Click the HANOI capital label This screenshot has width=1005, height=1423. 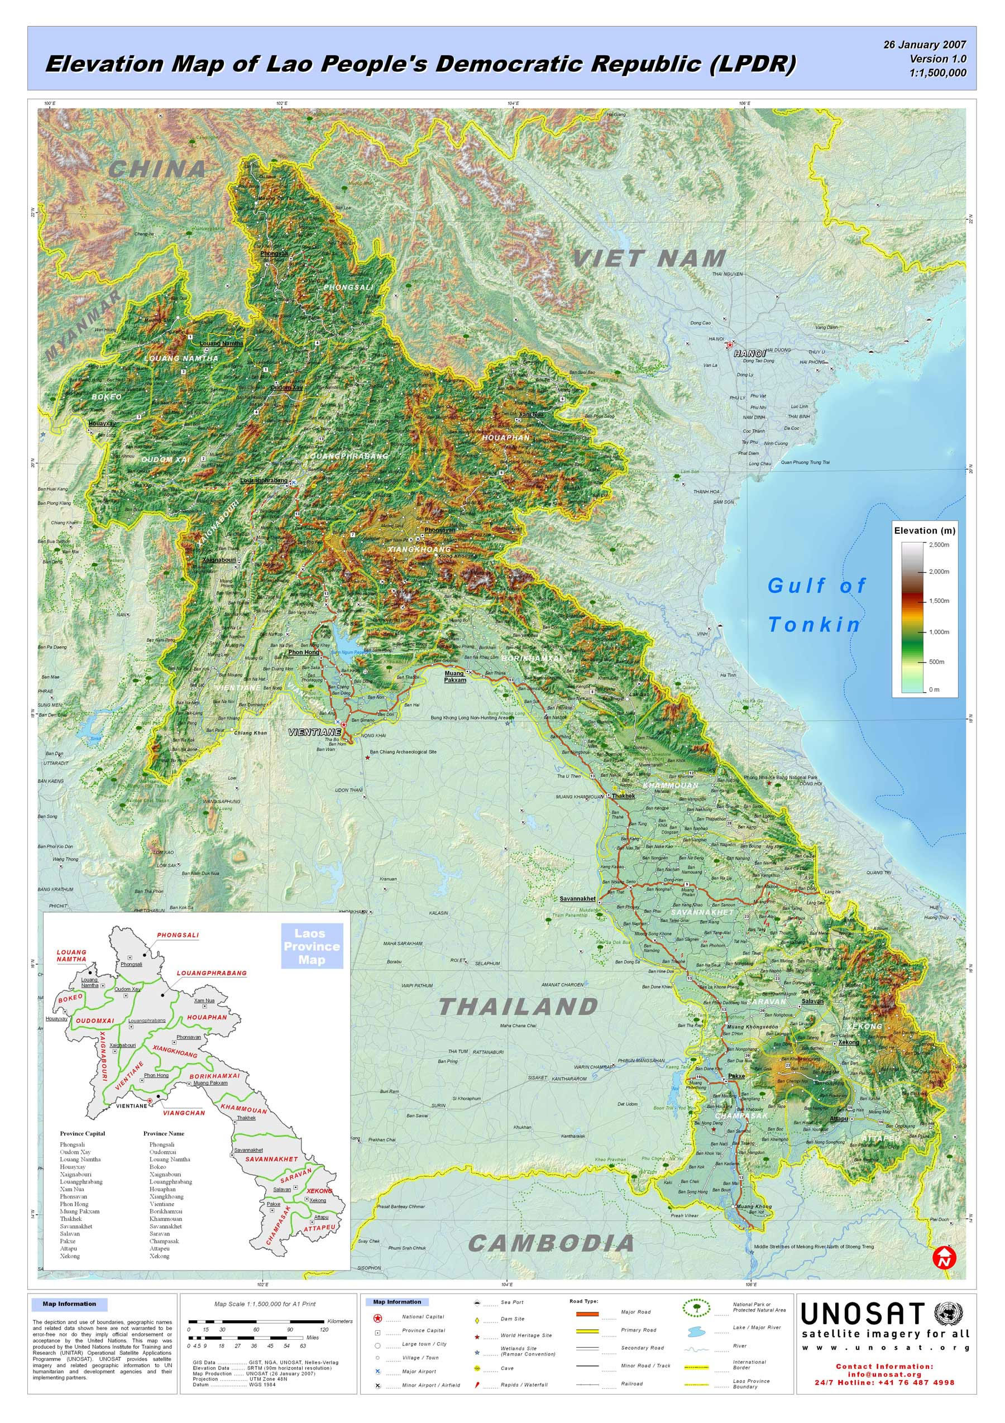[x=746, y=353]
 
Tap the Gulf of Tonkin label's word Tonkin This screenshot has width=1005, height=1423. [x=814, y=624]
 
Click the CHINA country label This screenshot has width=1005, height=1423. [x=157, y=168]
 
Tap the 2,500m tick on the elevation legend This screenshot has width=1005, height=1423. [x=938, y=544]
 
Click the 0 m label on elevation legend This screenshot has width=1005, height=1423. [x=934, y=689]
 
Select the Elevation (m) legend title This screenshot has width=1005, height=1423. [x=924, y=530]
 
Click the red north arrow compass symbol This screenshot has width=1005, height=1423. [x=945, y=1258]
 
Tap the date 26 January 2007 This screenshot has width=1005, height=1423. [x=925, y=45]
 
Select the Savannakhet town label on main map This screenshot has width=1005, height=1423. [x=577, y=898]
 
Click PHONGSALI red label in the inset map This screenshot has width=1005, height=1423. [x=178, y=935]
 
